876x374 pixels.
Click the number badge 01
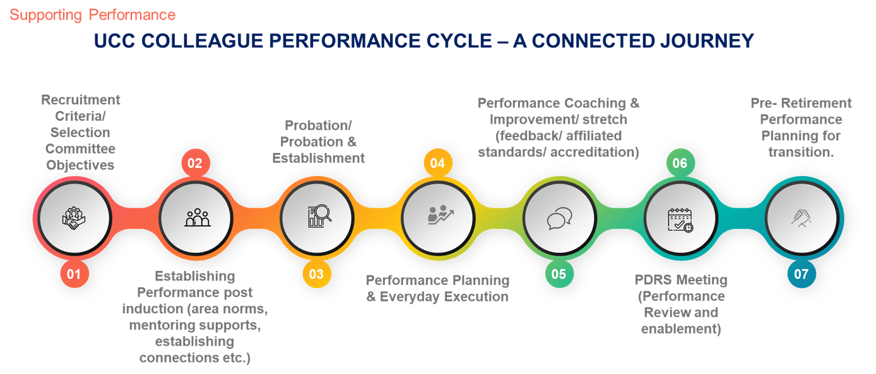pyautogui.click(x=74, y=274)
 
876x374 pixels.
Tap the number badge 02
pyautogui.click(x=195, y=164)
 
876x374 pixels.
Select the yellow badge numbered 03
pyautogui.click(x=317, y=274)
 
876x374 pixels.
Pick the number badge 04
pyautogui.click(x=437, y=164)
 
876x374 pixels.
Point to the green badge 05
pyautogui.click(x=559, y=274)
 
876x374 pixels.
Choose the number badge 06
pyautogui.click(x=680, y=164)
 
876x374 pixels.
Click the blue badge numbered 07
pyautogui.click(x=801, y=274)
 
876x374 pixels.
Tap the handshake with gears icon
pyautogui.click(x=74, y=218)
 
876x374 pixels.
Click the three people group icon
pyautogui.click(x=195, y=218)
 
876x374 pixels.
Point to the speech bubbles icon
pyautogui.click(x=559, y=219)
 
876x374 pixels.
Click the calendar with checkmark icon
pyautogui.click(x=680, y=219)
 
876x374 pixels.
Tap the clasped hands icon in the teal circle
pyautogui.click(x=802, y=218)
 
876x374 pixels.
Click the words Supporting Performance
pyautogui.click(x=93, y=15)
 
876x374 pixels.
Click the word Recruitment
pyautogui.click(x=81, y=100)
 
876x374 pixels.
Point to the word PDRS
pyautogui.click(x=652, y=280)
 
